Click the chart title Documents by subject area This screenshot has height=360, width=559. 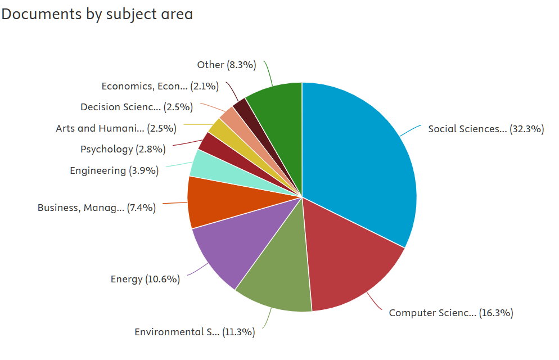tap(97, 15)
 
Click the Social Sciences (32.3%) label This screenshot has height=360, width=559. tap(486, 129)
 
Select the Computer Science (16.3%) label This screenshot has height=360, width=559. tap(451, 313)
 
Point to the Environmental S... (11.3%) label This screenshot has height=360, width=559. tap(195, 332)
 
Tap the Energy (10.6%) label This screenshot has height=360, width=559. tap(145, 279)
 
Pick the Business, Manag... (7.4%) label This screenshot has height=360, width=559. tap(97, 208)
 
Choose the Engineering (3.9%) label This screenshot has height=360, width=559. tap(114, 170)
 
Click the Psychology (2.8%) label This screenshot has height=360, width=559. tap(123, 149)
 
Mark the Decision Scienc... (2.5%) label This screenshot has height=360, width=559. tap(137, 107)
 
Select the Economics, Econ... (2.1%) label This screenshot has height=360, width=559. tap(160, 86)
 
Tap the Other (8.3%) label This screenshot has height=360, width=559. tap(227, 65)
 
